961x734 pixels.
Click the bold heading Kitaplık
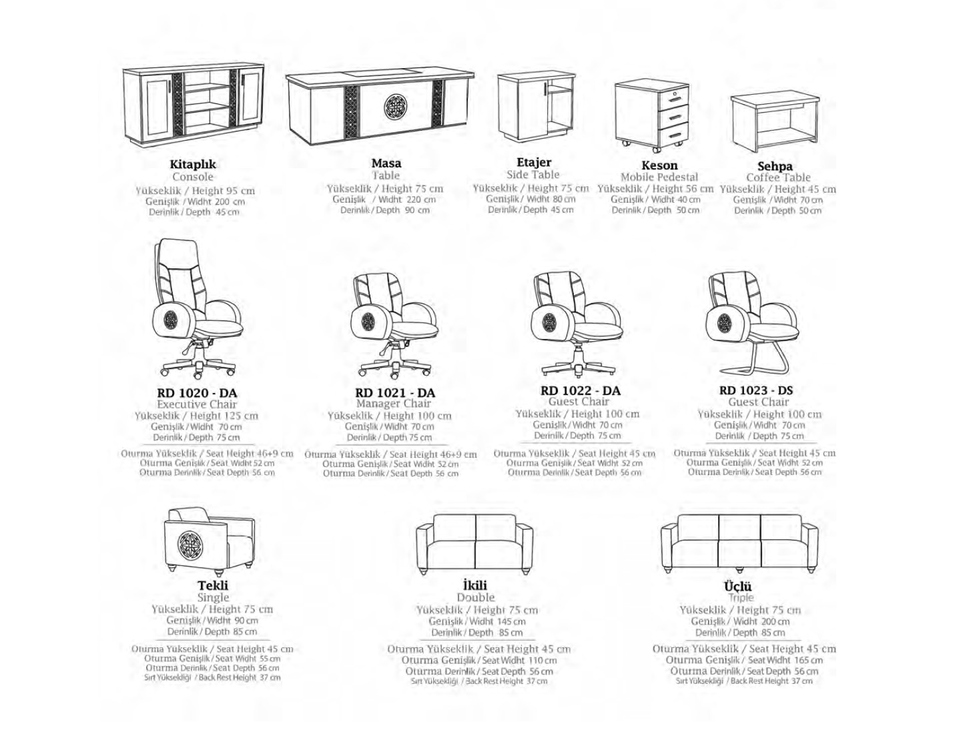(193, 165)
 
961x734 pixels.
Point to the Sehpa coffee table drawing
(774, 124)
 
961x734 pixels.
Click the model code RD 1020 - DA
(197, 392)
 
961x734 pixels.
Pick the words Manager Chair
(393, 403)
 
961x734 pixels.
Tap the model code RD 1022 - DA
(580, 390)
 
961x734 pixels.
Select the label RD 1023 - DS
(755, 390)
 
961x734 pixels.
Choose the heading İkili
(475, 585)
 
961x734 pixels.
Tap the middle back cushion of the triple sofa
(739, 528)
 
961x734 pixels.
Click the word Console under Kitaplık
(193, 177)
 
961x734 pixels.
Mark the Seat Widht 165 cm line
(785, 660)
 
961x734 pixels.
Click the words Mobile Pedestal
(659, 177)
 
